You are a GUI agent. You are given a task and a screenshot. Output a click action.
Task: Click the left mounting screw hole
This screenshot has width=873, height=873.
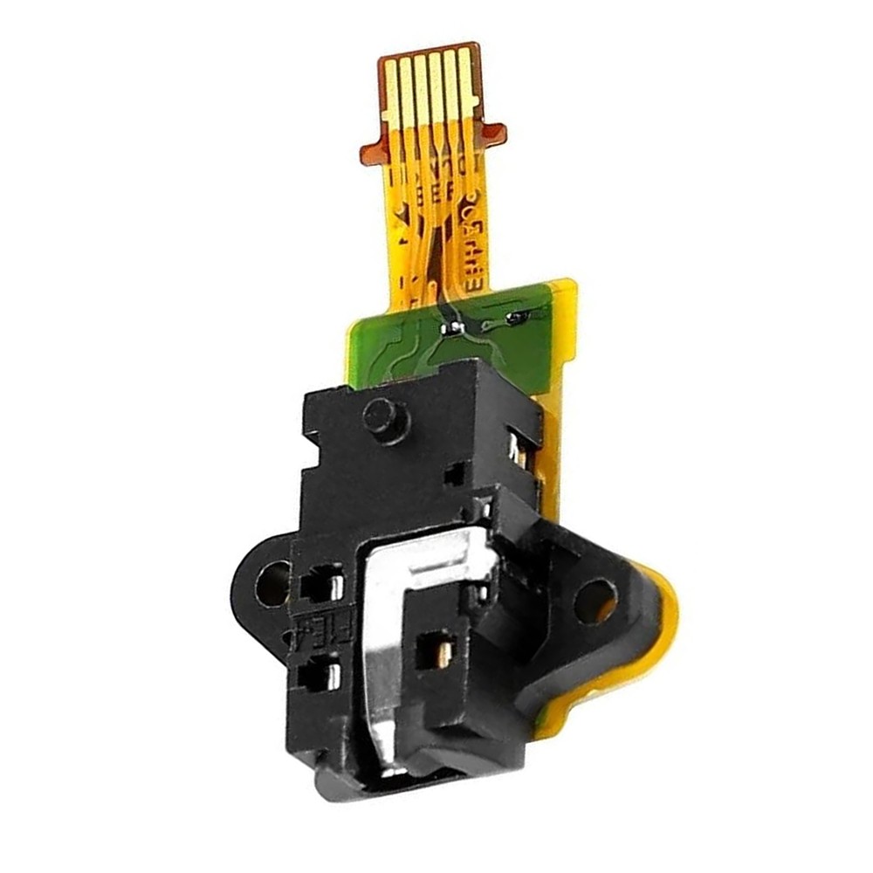pos(272,583)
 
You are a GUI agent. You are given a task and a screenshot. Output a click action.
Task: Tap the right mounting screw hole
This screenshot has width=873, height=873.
pos(596,601)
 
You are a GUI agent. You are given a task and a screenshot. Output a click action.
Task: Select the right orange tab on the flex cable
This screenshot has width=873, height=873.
pos(493,134)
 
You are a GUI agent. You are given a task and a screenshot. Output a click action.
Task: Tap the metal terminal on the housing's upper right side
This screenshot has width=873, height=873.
pos(517,450)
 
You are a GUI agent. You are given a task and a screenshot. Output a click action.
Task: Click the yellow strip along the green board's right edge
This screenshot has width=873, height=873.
pos(566,332)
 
